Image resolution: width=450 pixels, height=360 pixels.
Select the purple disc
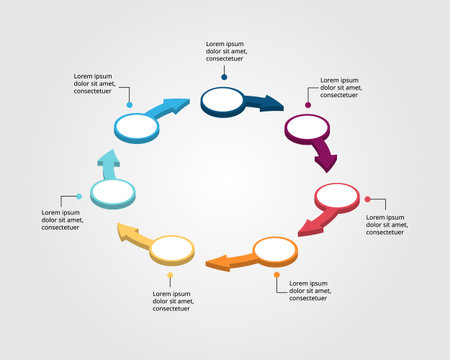pyautogui.click(x=307, y=127)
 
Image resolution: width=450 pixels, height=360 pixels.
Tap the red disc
pyautogui.click(x=336, y=194)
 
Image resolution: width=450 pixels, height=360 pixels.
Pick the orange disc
pyautogui.click(x=275, y=248)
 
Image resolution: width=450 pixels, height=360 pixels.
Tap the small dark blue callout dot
pyautogui.click(x=225, y=76)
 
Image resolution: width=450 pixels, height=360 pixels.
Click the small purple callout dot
pyautogui.click(x=308, y=105)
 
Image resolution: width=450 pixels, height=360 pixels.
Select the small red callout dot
pyautogui.click(x=367, y=199)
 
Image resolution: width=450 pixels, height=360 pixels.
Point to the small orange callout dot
pyautogui.click(x=278, y=274)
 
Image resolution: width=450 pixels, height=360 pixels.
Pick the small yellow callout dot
pyautogui.click(x=170, y=275)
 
